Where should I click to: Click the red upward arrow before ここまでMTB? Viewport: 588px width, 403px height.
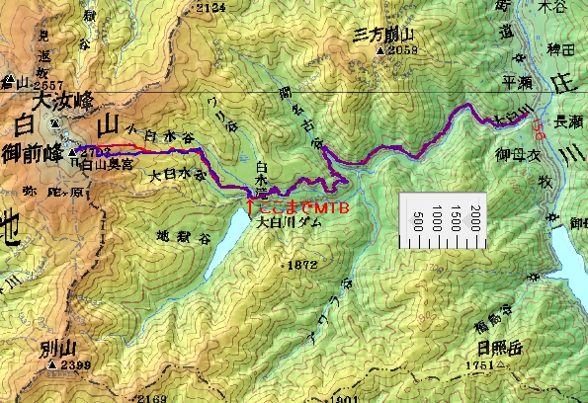tap(249, 208)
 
